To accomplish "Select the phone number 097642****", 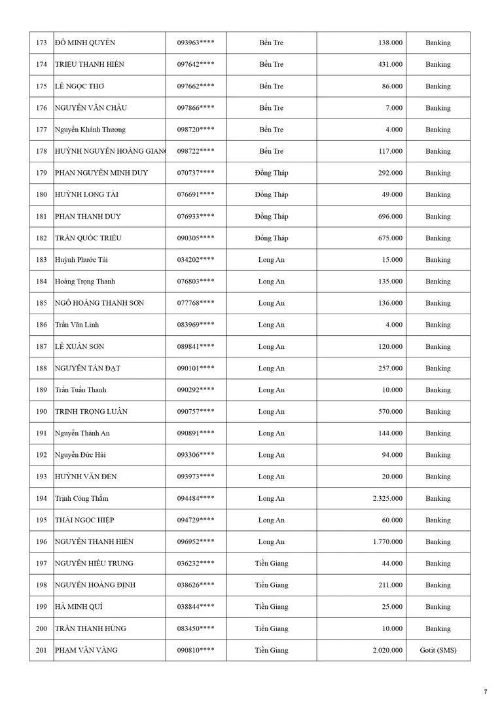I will point(196,65).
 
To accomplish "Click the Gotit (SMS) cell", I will point(438,651).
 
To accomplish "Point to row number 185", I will point(41,304).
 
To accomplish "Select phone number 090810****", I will point(196,651).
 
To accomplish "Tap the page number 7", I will point(486,692).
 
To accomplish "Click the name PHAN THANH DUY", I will point(88,217).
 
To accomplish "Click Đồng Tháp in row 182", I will point(272,238).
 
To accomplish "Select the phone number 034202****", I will point(196,260).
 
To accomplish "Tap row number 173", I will point(41,43).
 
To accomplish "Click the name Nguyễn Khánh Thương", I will point(90,130).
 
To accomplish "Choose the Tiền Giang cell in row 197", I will point(272,564).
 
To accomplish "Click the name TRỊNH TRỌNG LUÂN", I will point(91,412).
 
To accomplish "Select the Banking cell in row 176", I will point(438,108).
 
